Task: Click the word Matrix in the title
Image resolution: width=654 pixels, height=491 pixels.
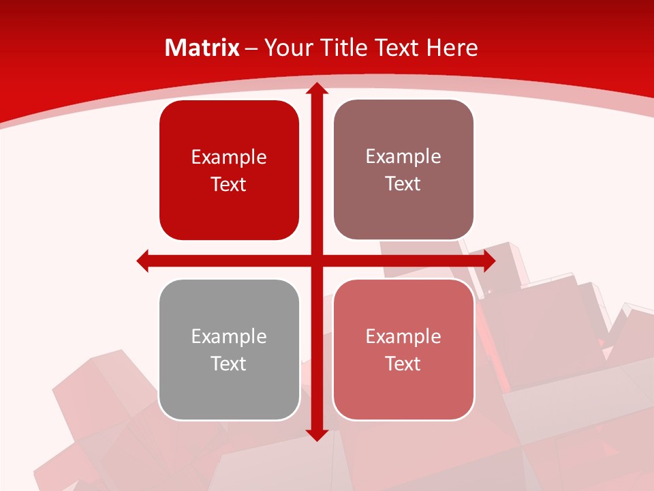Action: click(x=202, y=48)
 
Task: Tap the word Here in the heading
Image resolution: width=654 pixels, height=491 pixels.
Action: click(x=452, y=48)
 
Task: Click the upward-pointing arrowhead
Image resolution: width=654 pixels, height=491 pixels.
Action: click(x=316, y=89)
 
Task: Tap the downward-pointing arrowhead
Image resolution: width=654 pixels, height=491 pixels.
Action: click(x=316, y=434)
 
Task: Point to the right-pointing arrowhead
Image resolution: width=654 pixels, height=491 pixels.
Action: click(x=489, y=261)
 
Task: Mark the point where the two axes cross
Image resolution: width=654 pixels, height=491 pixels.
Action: click(x=316, y=261)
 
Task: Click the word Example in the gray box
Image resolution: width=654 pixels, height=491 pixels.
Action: click(x=229, y=336)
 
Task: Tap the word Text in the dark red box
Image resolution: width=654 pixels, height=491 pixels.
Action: click(x=229, y=184)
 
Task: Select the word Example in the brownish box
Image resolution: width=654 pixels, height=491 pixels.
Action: click(x=403, y=156)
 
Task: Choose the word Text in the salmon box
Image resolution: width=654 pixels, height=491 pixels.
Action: click(x=403, y=363)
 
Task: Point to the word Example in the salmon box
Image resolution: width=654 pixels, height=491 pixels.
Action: click(x=403, y=336)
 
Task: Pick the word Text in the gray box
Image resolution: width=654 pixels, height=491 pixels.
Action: click(x=229, y=363)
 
